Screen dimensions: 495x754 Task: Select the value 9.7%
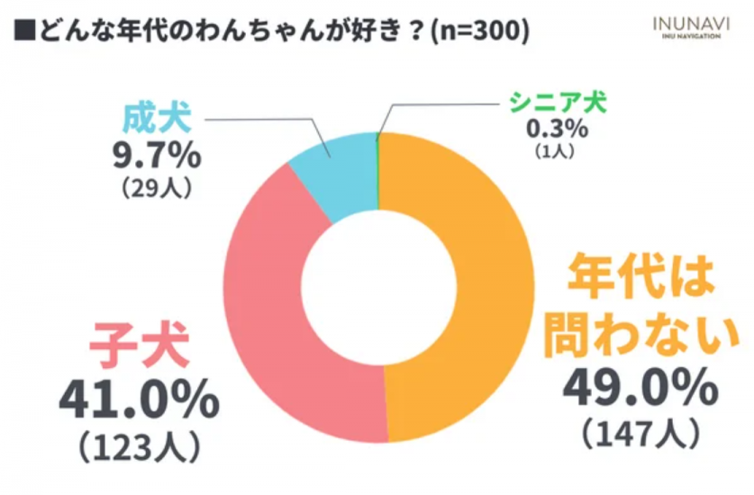tap(155, 157)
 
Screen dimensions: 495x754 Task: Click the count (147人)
tap(640, 435)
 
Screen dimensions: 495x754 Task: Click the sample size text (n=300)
tap(480, 31)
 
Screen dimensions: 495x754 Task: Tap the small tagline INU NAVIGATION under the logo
tap(691, 38)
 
